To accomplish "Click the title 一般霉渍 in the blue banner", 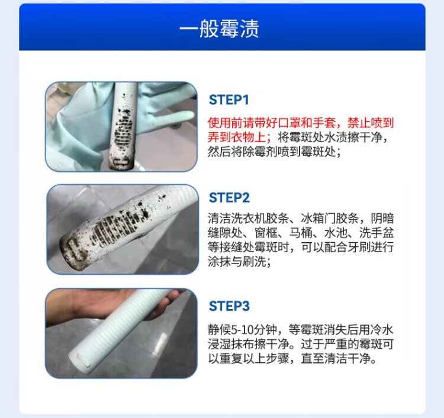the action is click(219, 28).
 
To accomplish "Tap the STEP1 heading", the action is click(229, 99).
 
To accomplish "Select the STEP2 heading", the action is click(229, 198).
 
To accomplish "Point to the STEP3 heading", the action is click(229, 306).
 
